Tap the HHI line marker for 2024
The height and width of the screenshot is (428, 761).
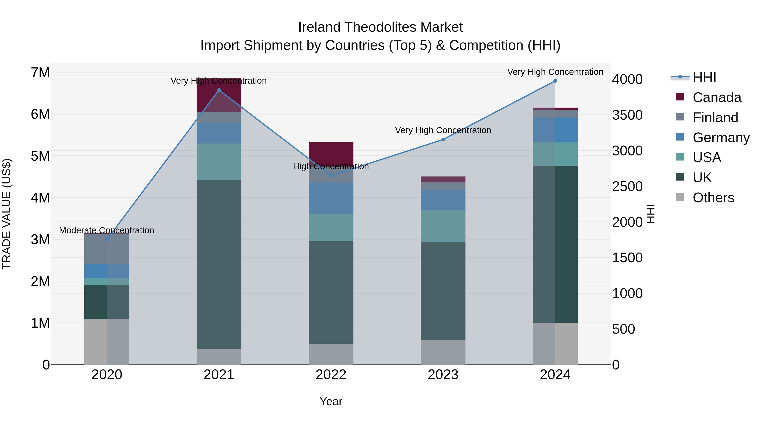click(555, 81)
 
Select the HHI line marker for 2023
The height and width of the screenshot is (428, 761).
click(443, 139)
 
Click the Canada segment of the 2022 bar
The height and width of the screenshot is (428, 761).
click(331, 152)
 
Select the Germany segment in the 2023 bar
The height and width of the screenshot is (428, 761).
click(443, 200)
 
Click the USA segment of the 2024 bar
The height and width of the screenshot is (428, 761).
click(555, 154)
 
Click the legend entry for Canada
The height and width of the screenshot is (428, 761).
click(717, 97)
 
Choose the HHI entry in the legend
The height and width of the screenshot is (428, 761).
click(704, 77)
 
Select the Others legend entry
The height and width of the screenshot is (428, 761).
click(713, 198)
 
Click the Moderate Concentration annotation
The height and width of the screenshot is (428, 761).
click(107, 230)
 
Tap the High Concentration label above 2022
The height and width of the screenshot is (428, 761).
click(331, 167)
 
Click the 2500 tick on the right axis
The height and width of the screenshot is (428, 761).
click(627, 186)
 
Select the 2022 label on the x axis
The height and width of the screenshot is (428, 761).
click(331, 375)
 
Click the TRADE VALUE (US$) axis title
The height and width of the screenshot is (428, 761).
click(7, 214)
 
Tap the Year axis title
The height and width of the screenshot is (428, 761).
click(331, 401)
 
